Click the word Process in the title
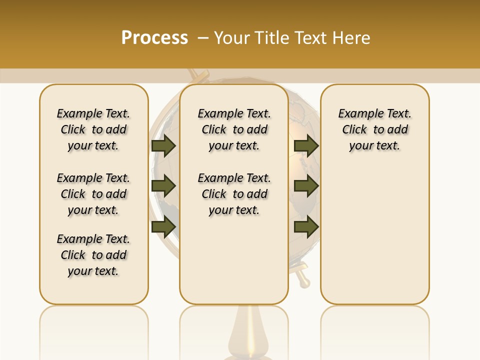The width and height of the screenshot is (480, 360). point(154,38)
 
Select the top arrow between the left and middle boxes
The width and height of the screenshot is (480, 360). point(163,145)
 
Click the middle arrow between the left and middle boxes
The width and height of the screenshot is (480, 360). point(163,186)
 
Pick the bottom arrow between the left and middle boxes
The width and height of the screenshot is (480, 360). point(163,227)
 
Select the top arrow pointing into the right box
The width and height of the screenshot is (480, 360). point(306,145)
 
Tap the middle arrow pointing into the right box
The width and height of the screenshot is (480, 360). point(306,186)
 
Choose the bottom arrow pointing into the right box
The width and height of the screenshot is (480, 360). point(306,227)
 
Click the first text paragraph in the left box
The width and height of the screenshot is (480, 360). point(93,129)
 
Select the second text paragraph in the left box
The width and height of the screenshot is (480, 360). point(93,194)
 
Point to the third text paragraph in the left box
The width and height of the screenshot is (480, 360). point(93,255)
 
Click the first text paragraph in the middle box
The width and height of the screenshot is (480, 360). point(234,129)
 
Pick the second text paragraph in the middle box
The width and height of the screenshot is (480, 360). point(234,194)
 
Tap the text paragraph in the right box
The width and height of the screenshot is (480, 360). point(374,129)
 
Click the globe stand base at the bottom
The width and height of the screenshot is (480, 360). point(249,335)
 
